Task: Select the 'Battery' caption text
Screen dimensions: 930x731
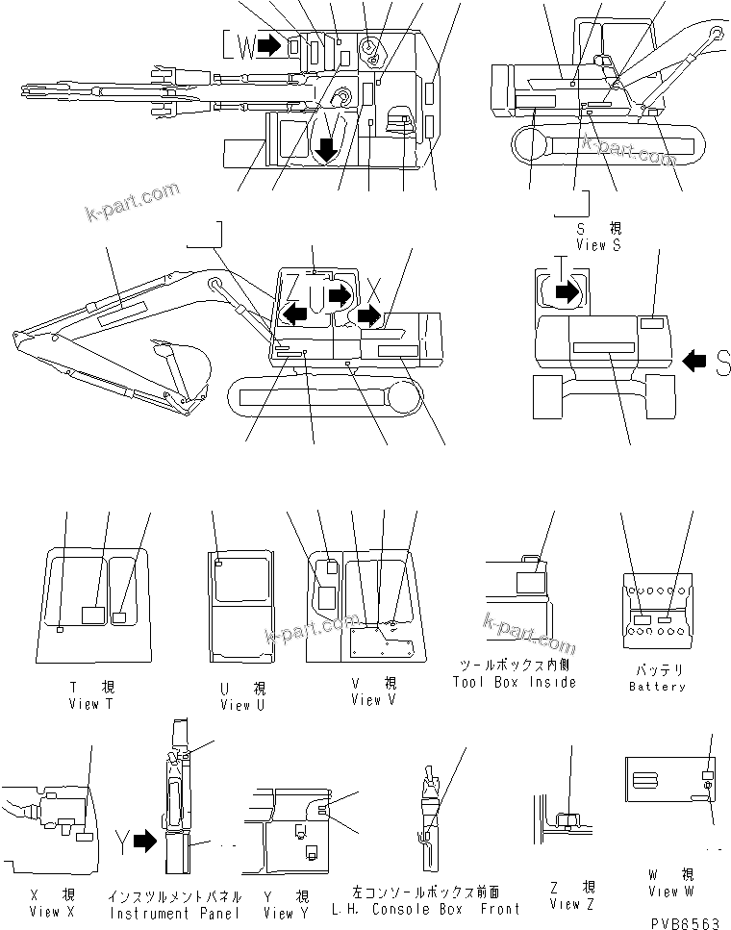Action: click(x=657, y=687)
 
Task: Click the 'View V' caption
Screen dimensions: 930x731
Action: click(x=366, y=700)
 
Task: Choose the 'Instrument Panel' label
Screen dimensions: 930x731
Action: click(x=161, y=913)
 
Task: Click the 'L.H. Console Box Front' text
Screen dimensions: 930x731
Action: click(x=425, y=908)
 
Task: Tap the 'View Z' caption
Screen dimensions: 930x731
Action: click(x=572, y=904)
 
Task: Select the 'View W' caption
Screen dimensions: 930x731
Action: click(x=670, y=892)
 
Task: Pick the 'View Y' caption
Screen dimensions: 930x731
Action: click(x=279, y=913)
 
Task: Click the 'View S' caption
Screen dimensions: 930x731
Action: click(x=598, y=245)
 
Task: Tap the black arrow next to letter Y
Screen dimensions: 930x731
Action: click(x=144, y=842)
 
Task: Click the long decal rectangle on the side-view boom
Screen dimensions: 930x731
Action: click(x=118, y=310)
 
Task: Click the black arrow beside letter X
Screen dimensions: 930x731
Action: click(x=369, y=314)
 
